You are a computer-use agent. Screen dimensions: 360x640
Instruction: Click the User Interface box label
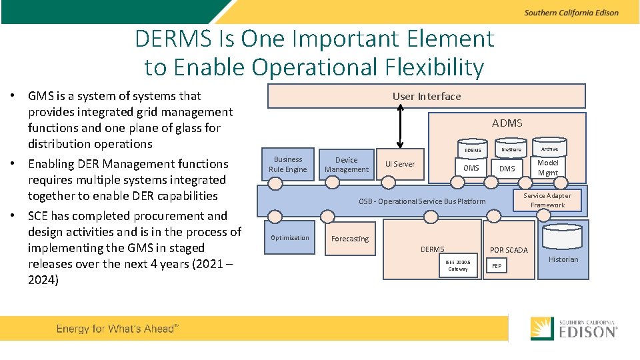tap(427, 96)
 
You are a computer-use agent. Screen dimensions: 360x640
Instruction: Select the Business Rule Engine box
tap(287, 164)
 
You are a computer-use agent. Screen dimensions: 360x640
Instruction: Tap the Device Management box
tap(346, 165)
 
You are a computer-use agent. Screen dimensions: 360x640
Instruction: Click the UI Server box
tap(400, 164)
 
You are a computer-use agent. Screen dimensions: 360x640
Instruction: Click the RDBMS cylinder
tap(473, 149)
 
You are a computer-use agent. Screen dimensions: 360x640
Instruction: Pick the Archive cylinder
tap(549, 149)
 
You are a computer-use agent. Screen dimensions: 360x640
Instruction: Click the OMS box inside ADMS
tap(471, 168)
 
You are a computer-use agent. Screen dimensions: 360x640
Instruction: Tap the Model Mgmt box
tap(547, 167)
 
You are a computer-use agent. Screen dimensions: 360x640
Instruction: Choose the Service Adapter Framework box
tap(547, 200)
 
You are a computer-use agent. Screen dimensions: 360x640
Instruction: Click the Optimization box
tap(289, 237)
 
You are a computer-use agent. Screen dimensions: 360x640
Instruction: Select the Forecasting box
tap(350, 239)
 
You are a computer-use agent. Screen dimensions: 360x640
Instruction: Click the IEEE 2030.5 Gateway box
tap(457, 265)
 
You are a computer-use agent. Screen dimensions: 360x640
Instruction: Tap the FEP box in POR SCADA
tap(497, 265)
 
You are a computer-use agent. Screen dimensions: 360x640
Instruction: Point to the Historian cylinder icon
tap(563, 237)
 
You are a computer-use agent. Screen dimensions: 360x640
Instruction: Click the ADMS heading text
tap(507, 123)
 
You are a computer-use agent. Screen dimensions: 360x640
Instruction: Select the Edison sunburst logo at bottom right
tap(542, 328)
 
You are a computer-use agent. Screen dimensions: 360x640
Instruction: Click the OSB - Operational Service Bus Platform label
tap(422, 201)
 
